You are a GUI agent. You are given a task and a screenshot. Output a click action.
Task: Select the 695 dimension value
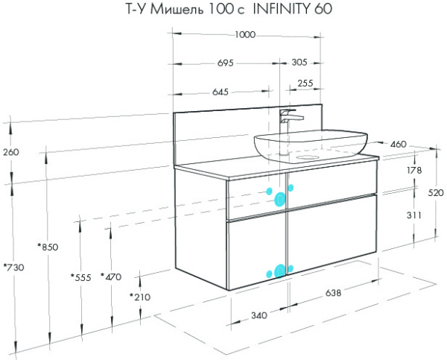(x=225, y=63)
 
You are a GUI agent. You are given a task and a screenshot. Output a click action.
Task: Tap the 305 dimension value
(x=300, y=63)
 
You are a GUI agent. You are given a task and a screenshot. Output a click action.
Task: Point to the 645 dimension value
(x=220, y=92)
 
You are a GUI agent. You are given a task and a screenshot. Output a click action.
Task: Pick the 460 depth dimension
(x=398, y=144)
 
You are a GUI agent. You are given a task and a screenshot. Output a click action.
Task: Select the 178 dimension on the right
(x=414, y=171)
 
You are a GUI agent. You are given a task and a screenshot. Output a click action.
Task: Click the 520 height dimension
(x=436, y=192)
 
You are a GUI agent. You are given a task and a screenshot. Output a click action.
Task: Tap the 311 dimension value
(x=414, y=215)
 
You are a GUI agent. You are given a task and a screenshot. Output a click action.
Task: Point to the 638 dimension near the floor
(x=333, y=293)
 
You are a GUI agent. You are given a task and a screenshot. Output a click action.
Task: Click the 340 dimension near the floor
(x=258, y=316)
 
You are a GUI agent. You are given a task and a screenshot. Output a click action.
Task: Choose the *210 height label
(x=139, y=297)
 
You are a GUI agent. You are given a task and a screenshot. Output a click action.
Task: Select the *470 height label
(x=110, y=277)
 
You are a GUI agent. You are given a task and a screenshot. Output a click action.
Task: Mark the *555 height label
(x=80, y=277)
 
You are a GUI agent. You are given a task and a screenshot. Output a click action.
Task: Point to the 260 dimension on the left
(x=11, y=152)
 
